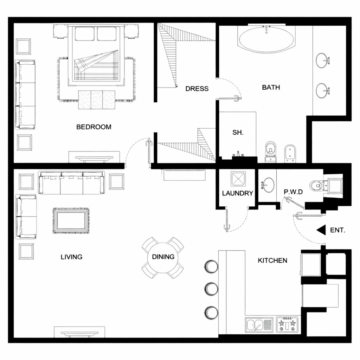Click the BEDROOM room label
point(94,127)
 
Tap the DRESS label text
point(197,89)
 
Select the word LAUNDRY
point(237,193)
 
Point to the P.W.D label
point(293,192)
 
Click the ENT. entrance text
point(337,230)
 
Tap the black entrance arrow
point(321,230)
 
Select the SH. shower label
point(238,133)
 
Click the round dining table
point(163,258)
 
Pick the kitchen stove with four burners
point(287,324)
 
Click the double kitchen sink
point(259,325)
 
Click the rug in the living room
point(71,221)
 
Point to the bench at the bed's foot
point(97,99)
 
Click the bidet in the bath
point(290,153)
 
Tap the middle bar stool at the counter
point(211,289)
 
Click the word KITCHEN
point(272,261)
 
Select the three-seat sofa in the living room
point(71,183)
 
